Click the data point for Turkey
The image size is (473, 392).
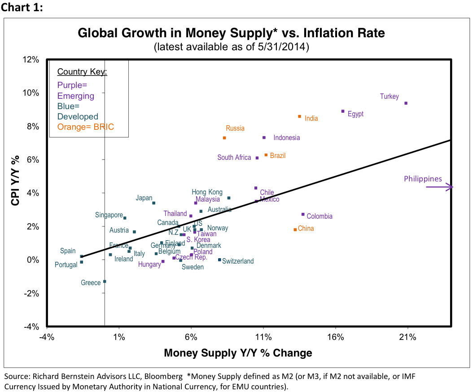pos(406,103)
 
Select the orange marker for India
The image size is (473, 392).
pos(299,116)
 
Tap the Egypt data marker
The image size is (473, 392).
pos(343,111)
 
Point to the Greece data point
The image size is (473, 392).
pos(105,281)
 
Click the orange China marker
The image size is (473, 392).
pos(295,229)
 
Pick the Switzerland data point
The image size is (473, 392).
pos(219,260)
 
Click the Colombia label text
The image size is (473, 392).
pos(320,216)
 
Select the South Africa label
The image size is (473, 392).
pos(234,158)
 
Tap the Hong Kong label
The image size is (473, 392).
pos(207,192)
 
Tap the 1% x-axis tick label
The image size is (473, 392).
pos(119,336)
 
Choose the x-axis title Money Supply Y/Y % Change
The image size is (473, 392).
pos(238,353)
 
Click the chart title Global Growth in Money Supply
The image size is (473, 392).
pos(231,33)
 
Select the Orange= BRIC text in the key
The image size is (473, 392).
pos(85,127)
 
